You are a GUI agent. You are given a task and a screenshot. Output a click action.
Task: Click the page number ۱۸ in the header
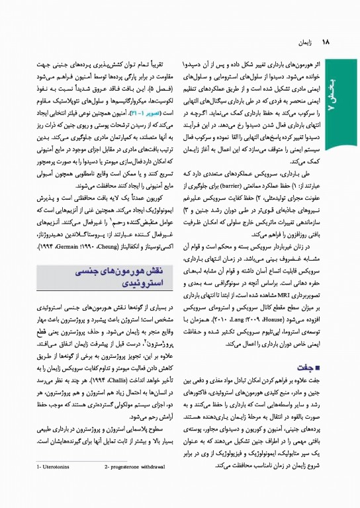pyautogui.click(x=325, y=42)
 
